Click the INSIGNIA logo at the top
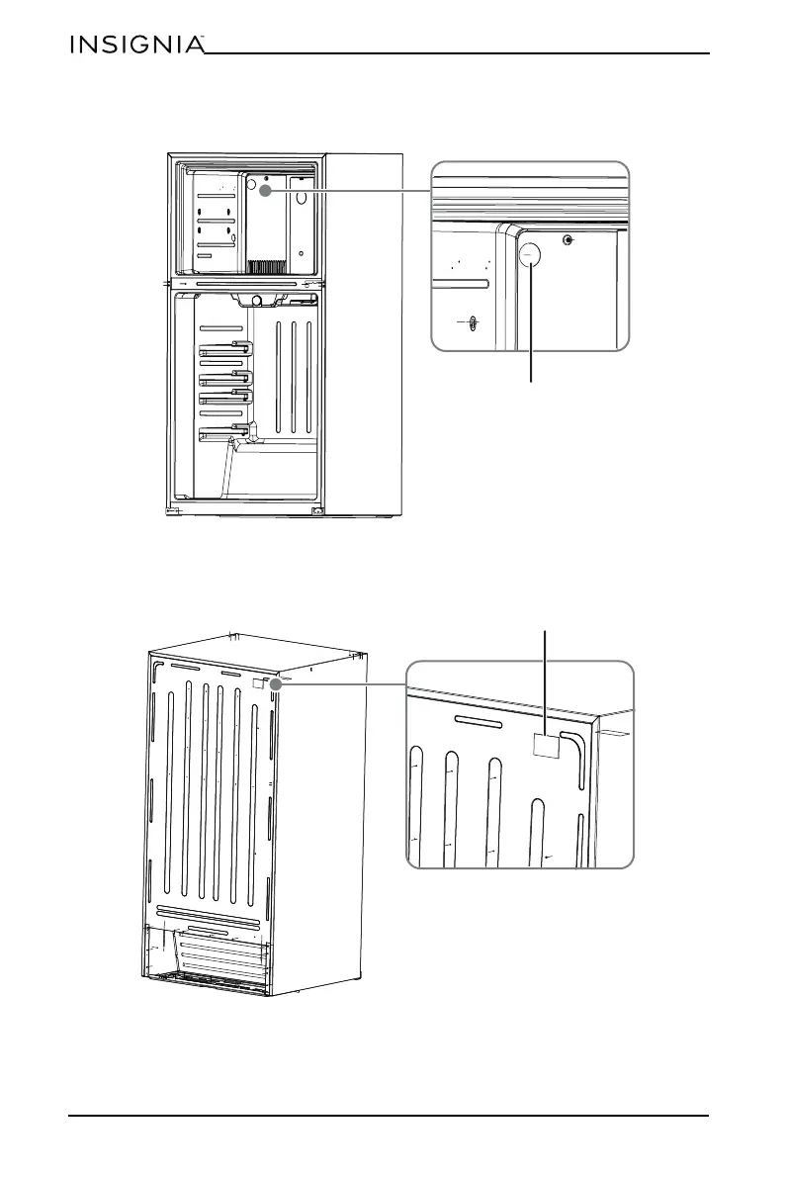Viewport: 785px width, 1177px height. (x=136, y=45)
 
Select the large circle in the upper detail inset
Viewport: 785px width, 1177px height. (x=531, y=254)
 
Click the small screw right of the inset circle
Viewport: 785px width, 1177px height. (x=567, y=241)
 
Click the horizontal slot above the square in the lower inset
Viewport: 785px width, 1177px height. (x=480, y=719)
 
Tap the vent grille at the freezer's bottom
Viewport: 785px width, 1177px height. (x=265, y=266)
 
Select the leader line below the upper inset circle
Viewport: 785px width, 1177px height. (x=531, y=326)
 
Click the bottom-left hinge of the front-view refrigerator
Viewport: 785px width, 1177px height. (x=172, y=511)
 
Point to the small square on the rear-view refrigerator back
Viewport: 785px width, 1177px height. (x=259, y=682)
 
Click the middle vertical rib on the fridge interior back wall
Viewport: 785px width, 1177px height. (x=294, y=377)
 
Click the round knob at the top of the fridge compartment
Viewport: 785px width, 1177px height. (x=257, y=300)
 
